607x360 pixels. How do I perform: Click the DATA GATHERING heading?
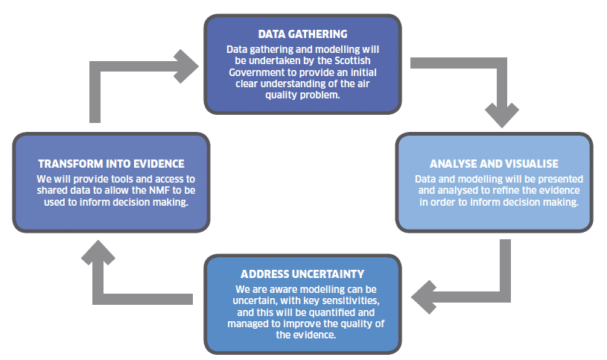pyautogui.click(x=302, y=34)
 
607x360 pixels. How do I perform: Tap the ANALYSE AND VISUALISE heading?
pyautogui.click(x=494, y=164)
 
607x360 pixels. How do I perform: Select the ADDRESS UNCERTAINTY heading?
pyautogui.click(x=302, y=274)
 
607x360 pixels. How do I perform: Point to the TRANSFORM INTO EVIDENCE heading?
pyautogui.click(x=111, y=164)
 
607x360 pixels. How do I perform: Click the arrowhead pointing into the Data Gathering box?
pyautogui.click(x=187, y=66)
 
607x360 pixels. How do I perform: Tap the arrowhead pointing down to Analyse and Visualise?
pyautogui.click(x=502, y=116)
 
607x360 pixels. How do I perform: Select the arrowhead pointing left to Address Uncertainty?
pyautogui.click(x=424, y=297)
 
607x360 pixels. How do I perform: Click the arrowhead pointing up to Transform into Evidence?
pyautogui.click(x=98, y=253)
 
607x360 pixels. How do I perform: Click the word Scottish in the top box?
pyautogui.click(x=352, y=61)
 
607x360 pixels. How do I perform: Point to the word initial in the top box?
pyautogui.click(x=364, y=72)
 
